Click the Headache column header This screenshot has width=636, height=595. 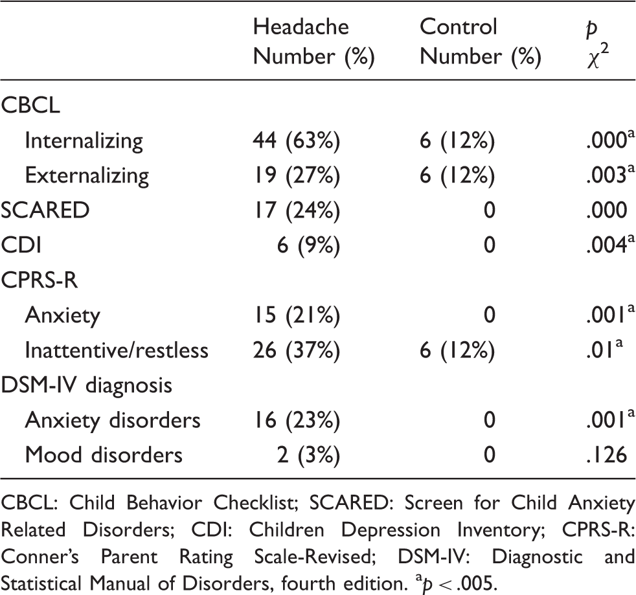301,27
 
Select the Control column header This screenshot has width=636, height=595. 459,27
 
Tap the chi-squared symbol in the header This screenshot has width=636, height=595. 598,58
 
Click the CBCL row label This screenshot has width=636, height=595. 30,106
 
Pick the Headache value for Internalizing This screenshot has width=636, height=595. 297,140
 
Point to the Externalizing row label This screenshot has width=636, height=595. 87,175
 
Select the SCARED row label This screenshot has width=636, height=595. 45,210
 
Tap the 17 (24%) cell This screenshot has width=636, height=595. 297,210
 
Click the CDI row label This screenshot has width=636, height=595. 21,245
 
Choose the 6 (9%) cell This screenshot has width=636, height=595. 308,245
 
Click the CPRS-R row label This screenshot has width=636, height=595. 39,280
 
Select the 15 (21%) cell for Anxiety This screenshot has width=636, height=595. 297,315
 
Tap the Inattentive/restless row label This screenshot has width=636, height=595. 117,350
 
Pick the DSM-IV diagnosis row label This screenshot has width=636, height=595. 86,385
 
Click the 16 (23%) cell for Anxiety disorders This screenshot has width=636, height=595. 297,420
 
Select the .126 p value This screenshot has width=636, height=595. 607,455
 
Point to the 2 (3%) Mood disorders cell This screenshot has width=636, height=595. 308,455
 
